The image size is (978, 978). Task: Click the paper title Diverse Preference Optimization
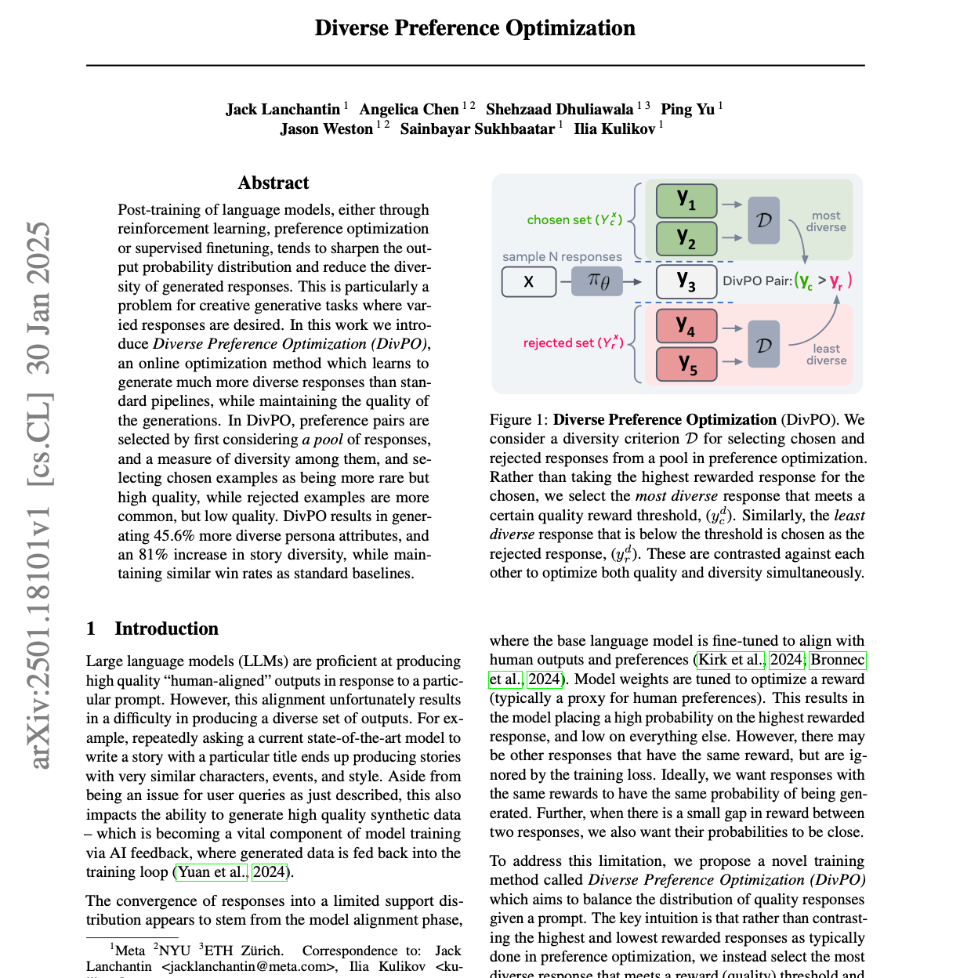pyautogui.click(x=475, y=28)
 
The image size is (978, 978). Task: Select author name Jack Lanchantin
pyautogui.click(x=283, y=109)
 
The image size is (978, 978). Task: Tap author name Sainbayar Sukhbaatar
pyautogui.click(x=477, y=129)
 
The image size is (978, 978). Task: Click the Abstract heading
pyautogui.click(x=273, y=183)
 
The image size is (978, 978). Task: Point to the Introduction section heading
pyautogui.click(x=166, y=628)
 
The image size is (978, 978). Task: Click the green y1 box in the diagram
pyautogui.click(x=686, y=201)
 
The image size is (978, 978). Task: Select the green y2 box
pyautogui.click(x=686, y=238)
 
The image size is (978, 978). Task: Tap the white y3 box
pyautogui.click(x=686, y=281)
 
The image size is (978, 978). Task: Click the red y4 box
pyautogui.click(x=686, y=325)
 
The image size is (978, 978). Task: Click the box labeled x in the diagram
pyautogui.click(x=528, y=281)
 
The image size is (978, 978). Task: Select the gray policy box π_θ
pyautogui.click(x=597, y=281)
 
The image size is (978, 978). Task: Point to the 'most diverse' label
pyautogui.click(x=826, y=221)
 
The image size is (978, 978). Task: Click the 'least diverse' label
pyautogui.click(x=826, y=354)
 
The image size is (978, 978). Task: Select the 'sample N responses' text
pyautogui.click(x=562, y=257)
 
